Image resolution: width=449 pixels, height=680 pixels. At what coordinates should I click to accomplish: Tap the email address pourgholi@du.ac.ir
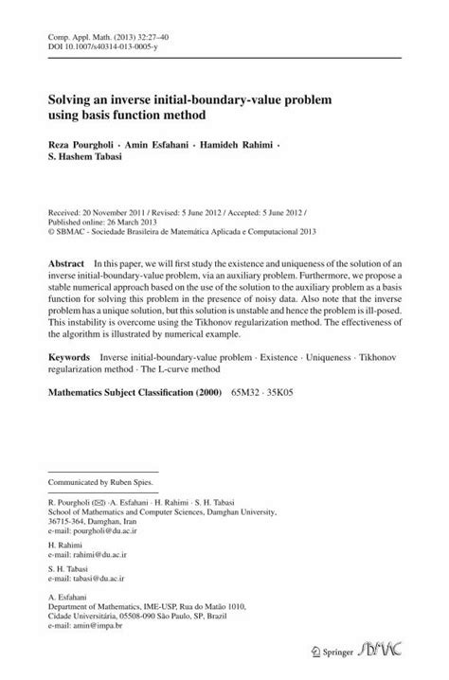[109, 534]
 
